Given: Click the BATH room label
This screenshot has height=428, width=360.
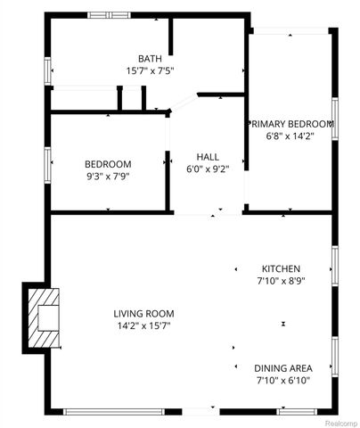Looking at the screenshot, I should pyautogui.click(x=150, y=59).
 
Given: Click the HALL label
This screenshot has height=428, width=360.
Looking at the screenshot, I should pyautogui.click(x=208, y=156).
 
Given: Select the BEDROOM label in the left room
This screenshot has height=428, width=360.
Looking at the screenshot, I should pyautogui.click(x=108, y=164).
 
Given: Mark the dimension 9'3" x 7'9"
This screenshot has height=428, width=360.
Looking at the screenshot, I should pyautogui.click(x=108, y=177).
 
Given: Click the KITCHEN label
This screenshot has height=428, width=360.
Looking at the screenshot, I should pyautogui.click(x=281, y=268).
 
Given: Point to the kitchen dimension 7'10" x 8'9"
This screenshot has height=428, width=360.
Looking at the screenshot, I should pyautogui.click(x=281, y=281).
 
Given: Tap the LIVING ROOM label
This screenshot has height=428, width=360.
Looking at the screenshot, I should pyautogui.click(x=143, y=314).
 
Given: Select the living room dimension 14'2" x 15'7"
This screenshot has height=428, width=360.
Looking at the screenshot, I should pyautogui.click(x=143, y=326).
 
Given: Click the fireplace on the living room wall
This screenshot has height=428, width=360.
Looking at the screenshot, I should pyautogui.click(x=41, y=317).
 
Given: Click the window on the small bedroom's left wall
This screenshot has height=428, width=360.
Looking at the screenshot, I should pyautogui.click(x=47, y=164).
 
